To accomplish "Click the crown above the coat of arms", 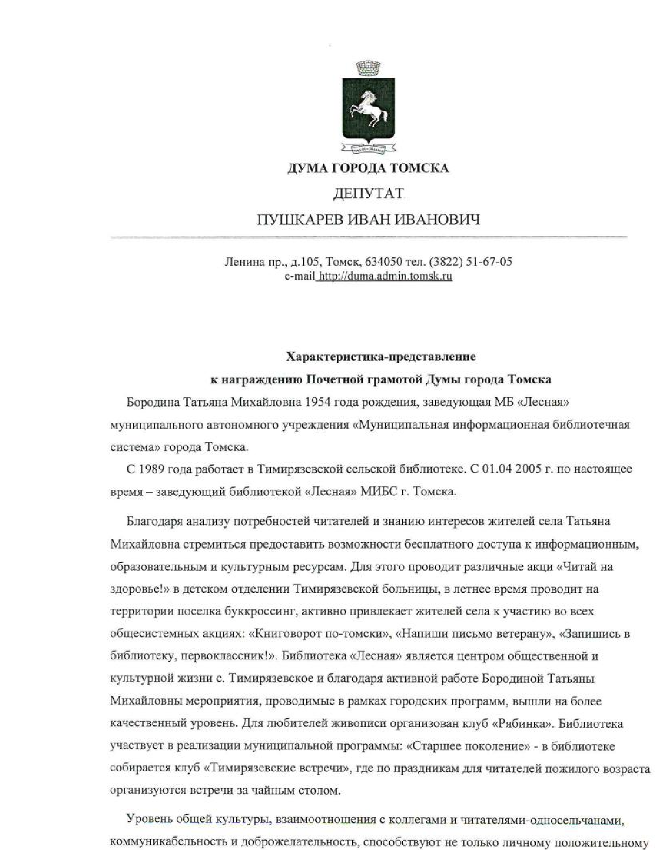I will click(x=368, y=67).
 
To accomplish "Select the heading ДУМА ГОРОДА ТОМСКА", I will click(x=368, y=168).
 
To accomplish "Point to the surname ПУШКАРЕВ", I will click(x=298, y=220).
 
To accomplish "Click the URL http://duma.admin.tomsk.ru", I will click(x=385, y=276).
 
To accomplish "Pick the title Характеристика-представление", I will click(x=381, y=356).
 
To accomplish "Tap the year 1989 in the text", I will click(x=151, y=469).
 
